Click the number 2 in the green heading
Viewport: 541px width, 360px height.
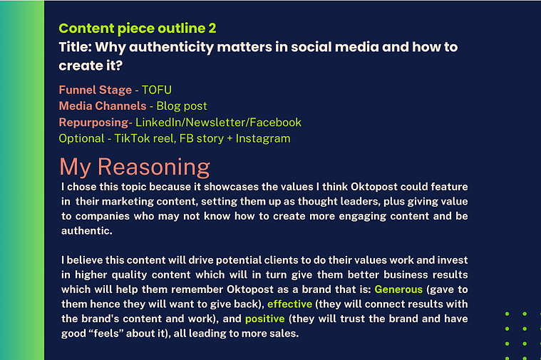[x=212, y=29]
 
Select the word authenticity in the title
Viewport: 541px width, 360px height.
[x=171, y=47]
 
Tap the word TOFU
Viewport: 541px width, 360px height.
[x=157, y=90]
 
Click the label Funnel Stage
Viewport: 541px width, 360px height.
[x=96, y=90]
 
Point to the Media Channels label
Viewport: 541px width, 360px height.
[x=103, y=106]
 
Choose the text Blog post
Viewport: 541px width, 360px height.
[x=182, y=106]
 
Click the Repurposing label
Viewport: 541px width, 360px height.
[x=94, y=123]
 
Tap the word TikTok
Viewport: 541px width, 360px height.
[x=132, y=138]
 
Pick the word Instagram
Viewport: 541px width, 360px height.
[x=263, y=139]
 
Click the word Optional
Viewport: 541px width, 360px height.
[x=81, y=139]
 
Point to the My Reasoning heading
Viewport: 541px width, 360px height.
[x=135, y=167]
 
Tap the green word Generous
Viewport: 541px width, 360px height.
[x=398, y=289]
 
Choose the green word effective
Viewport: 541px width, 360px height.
[x=290, y=304]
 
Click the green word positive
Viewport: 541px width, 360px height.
[x=265, y=319]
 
